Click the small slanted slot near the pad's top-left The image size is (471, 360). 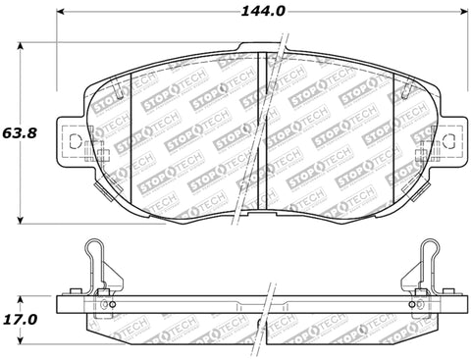tap(119, 94)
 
